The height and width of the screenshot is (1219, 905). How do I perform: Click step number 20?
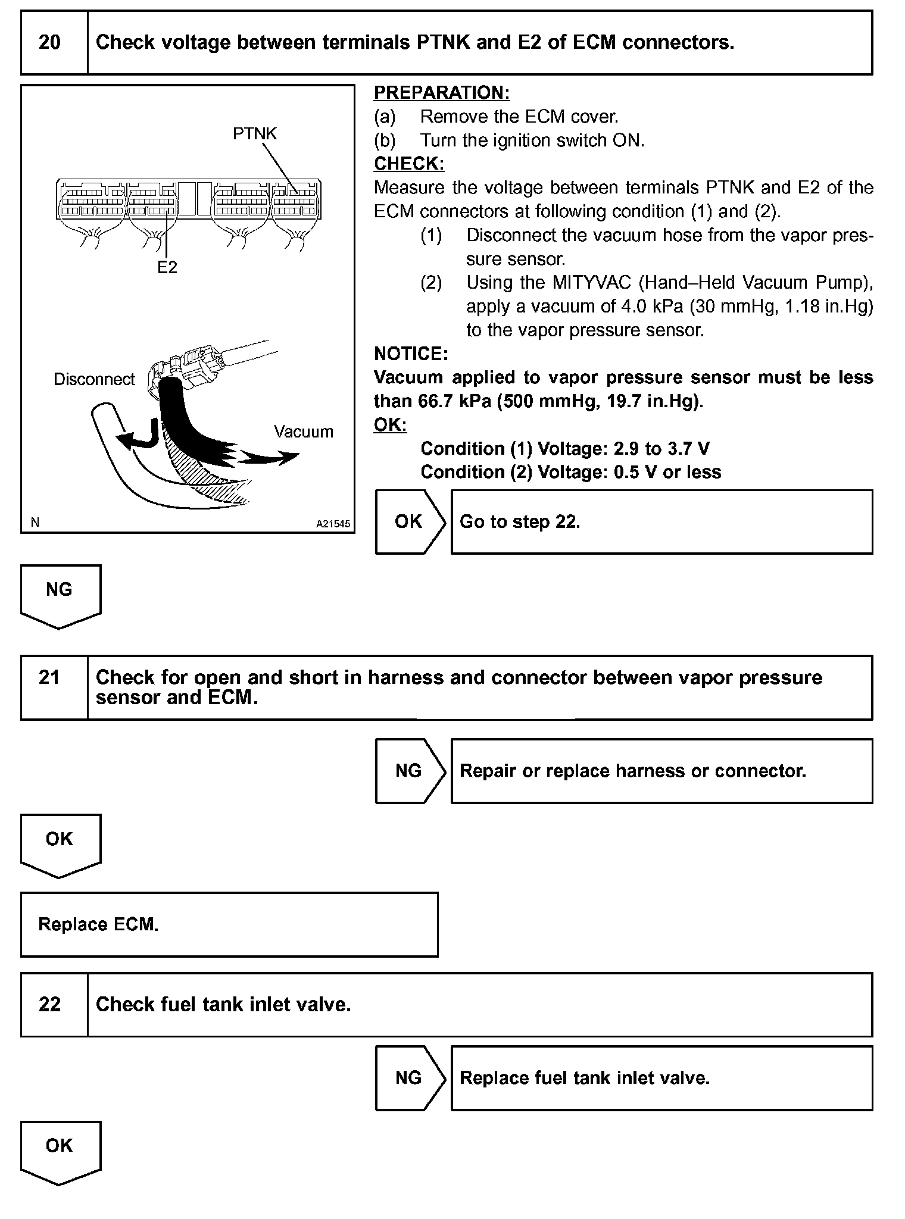[49, 43]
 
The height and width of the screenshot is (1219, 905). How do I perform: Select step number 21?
[49, 677]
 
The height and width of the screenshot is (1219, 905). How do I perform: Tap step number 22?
[49, 1005]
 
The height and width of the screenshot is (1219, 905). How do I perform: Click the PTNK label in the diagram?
[255, 134]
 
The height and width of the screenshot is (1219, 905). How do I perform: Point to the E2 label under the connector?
[167, 268]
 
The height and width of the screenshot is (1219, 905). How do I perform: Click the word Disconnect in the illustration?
[94, 380]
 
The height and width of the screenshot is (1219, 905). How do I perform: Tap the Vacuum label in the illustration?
[304, 432]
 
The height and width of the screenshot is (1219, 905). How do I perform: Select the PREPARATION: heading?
[442, 93]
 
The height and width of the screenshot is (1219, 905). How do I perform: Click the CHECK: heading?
[409, 164]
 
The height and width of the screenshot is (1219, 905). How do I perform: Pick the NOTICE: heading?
[411, 354]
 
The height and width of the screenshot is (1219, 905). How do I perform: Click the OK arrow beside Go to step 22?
[410, 522]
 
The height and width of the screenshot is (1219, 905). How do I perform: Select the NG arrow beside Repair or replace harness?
[410, 771]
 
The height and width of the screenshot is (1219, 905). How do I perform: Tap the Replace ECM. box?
[229, 924]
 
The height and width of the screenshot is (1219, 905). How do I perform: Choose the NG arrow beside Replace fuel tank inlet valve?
[410, 1078]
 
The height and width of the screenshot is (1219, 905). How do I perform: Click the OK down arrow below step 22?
[60, 1151]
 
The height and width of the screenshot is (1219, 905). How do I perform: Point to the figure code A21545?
[333, 524]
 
